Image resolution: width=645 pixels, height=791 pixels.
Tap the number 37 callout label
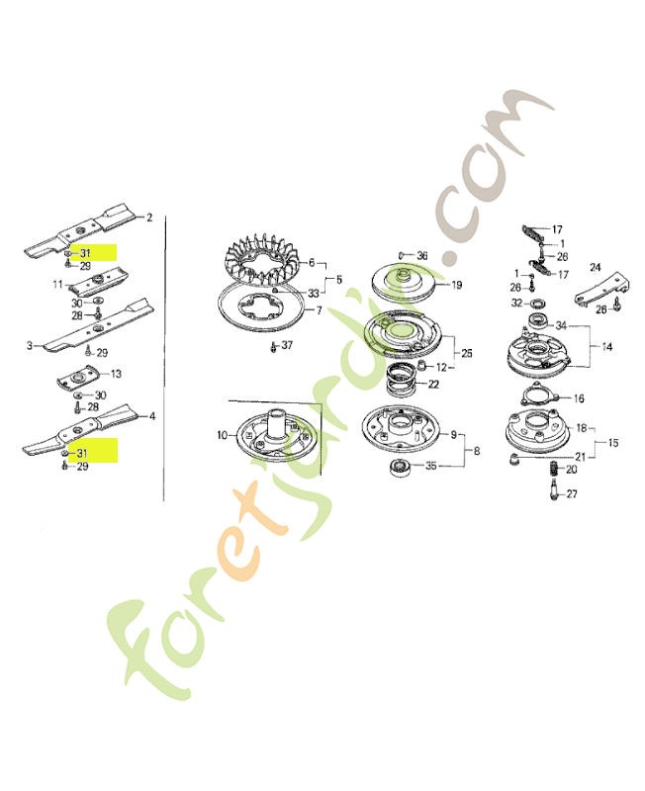(x=287, y=345)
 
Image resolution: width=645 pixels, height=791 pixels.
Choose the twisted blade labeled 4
(x=86, y=430)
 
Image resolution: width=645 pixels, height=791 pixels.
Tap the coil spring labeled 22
(x=401, y=383)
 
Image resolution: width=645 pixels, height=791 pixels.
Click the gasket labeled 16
(x=540, y=397)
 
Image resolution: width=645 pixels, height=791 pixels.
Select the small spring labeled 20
(x=554, y=468)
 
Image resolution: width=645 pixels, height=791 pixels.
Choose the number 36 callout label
(x=422, y=256)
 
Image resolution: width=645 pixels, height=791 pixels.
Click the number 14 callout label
(x=607, y=347)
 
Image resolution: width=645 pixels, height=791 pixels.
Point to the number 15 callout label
(x=613, y=443)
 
